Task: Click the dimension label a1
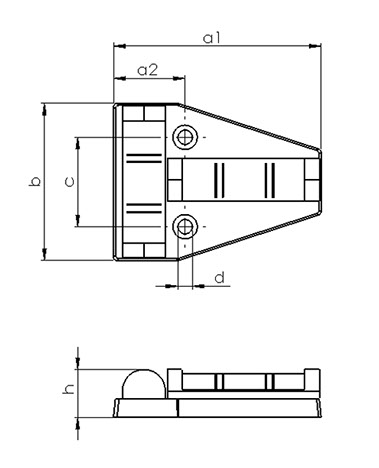pos(212,38)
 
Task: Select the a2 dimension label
pos(147,70)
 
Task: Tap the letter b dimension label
pos(35,181)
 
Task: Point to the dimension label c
pos(69,182)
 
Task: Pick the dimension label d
pos(220,277)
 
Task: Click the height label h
pos(68,389)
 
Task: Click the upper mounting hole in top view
pos(185,137)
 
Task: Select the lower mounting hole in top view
pos(185,227)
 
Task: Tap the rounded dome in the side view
pos(144,383)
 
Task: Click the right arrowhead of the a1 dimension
pos(315,46)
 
